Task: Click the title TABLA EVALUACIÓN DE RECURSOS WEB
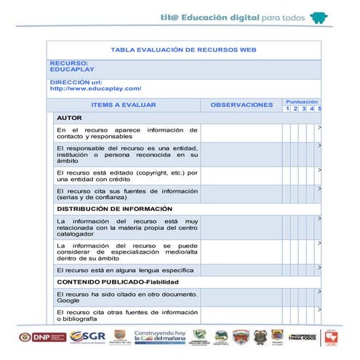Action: pos(183,49)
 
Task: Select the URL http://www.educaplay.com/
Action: pos(95,89)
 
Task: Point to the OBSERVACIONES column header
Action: pos(241,105)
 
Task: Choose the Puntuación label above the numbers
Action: pos(302,101)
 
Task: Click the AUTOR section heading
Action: pos(69,117)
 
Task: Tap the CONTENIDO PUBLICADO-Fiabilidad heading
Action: pos(117,281)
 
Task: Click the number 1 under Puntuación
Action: pos(287,109)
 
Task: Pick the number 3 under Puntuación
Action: pos(303,109)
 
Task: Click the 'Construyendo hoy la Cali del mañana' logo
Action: pos(161,336)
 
